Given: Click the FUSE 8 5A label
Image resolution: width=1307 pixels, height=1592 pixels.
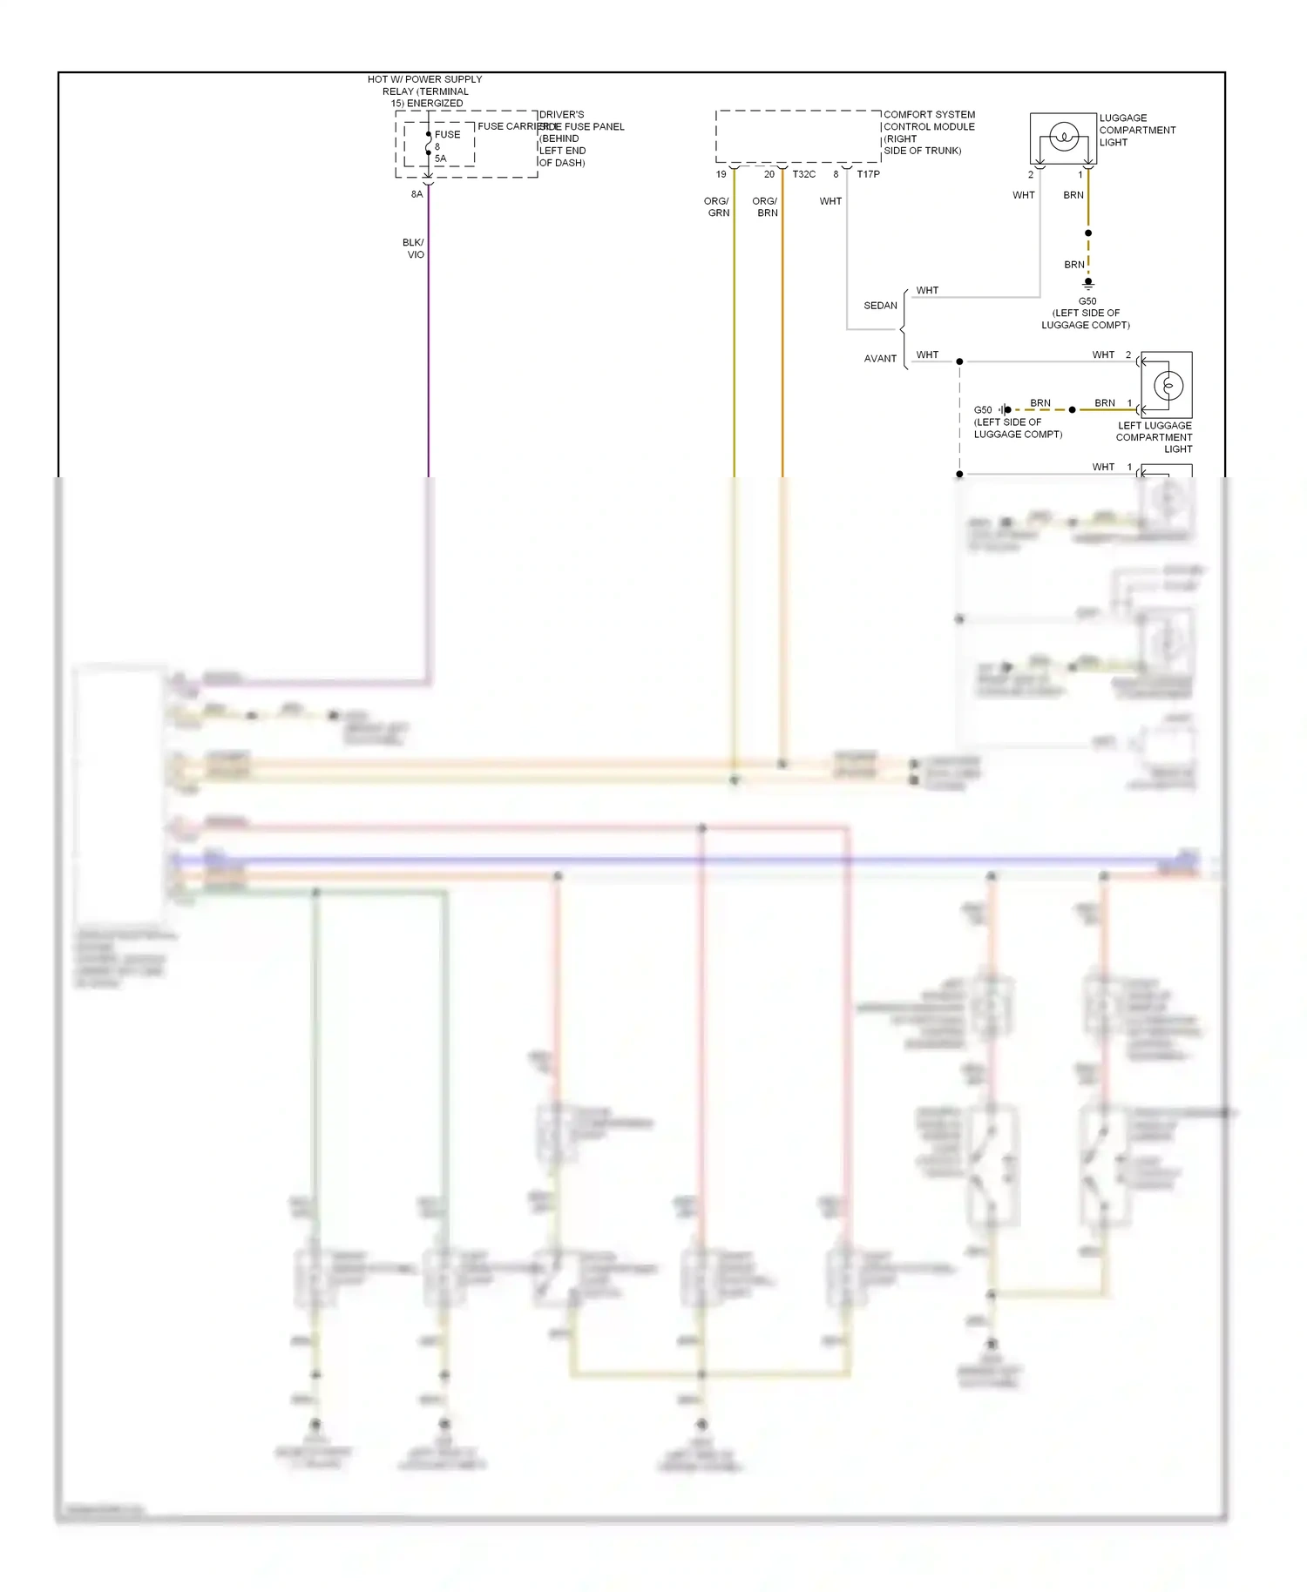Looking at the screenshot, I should pyautogui.click(x=446, y=145).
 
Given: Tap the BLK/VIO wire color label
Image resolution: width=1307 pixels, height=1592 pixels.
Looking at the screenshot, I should pyautogui.click(x=414, y=248).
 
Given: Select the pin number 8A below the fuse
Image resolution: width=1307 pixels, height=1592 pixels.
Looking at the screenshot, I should pyautogui.click(x=416, y=194).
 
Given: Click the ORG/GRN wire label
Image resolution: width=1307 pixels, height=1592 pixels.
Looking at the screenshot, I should pyautogui.click(x=717, y=206).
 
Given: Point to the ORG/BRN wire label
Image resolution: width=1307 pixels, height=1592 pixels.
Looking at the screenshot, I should pyautogui.click(x=765, y=206).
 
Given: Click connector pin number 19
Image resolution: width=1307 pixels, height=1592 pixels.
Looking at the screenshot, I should pyautogui.click(x=721, y=174).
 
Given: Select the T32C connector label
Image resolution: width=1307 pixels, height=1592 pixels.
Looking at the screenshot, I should pyautogui.click(x=803, y=174).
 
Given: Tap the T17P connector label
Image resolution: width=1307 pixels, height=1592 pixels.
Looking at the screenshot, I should pyautogui.click(x=868, y=174).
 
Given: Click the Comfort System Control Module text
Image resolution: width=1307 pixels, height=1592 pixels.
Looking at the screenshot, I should pyautogui.click(x=928, y=132).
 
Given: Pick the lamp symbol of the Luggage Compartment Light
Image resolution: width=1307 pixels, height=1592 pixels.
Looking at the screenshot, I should pyautogui.click(x=1063, y=137).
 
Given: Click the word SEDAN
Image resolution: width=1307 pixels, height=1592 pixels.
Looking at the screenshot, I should pyautogui.click(x=880, y=306).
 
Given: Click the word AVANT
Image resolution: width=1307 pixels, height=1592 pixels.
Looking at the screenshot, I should pyautogui.click(x=880, y=358).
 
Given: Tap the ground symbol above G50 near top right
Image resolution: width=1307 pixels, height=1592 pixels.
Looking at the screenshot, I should pyautogui.click(x=1087, y=283).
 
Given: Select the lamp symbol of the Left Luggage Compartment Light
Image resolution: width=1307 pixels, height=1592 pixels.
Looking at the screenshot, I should pyautogui.click(x=1168, y=385).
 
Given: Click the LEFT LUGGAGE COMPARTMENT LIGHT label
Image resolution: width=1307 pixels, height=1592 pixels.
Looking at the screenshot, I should pyautogui.click(x=1154, y=437).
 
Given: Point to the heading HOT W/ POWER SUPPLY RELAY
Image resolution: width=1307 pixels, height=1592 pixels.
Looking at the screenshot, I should pyautogui.click(x=424, y=91).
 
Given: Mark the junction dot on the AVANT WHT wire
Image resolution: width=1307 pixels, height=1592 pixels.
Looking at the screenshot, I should pyautogui.click(x=959, y=361).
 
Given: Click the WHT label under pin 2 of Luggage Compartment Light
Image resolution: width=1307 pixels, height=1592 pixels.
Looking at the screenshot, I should pyautogui.click(x=1023, y=195).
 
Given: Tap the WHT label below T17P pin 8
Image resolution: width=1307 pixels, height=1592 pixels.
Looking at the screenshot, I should pyautogui.click(x=830, y=201).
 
